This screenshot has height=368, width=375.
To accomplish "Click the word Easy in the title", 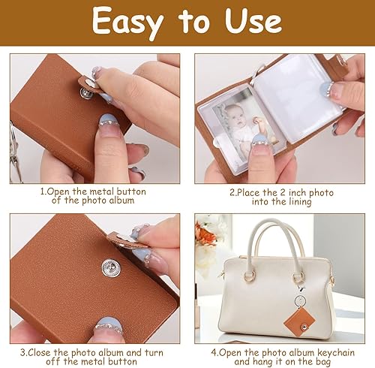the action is (127, 23).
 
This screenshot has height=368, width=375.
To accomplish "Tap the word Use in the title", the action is (253, 21).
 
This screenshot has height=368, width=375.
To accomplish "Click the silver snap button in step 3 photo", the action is (111, 268).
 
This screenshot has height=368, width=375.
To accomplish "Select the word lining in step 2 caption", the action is (299, 202).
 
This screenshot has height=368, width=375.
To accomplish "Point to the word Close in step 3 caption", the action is (40, 352).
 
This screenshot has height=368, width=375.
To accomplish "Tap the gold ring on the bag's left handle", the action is (249, 275).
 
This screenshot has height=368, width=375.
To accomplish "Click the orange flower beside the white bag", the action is (204, 234).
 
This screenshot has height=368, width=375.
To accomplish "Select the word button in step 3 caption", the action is (122, 361).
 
